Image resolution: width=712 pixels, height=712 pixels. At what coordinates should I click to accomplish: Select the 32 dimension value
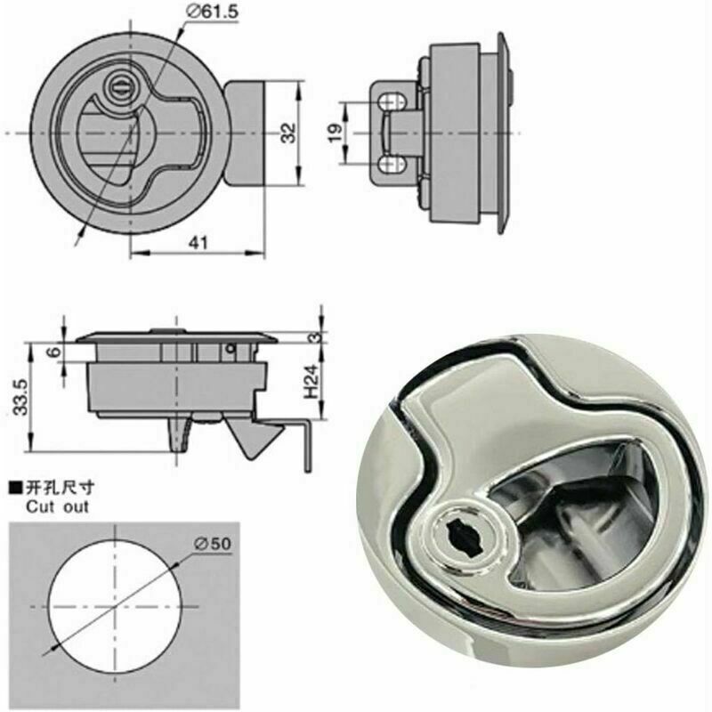(x=287, y=133)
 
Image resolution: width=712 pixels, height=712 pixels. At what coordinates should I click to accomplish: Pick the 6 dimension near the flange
(x=54, y=352)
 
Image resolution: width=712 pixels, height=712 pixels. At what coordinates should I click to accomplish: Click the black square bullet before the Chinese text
(x=13, y=488)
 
